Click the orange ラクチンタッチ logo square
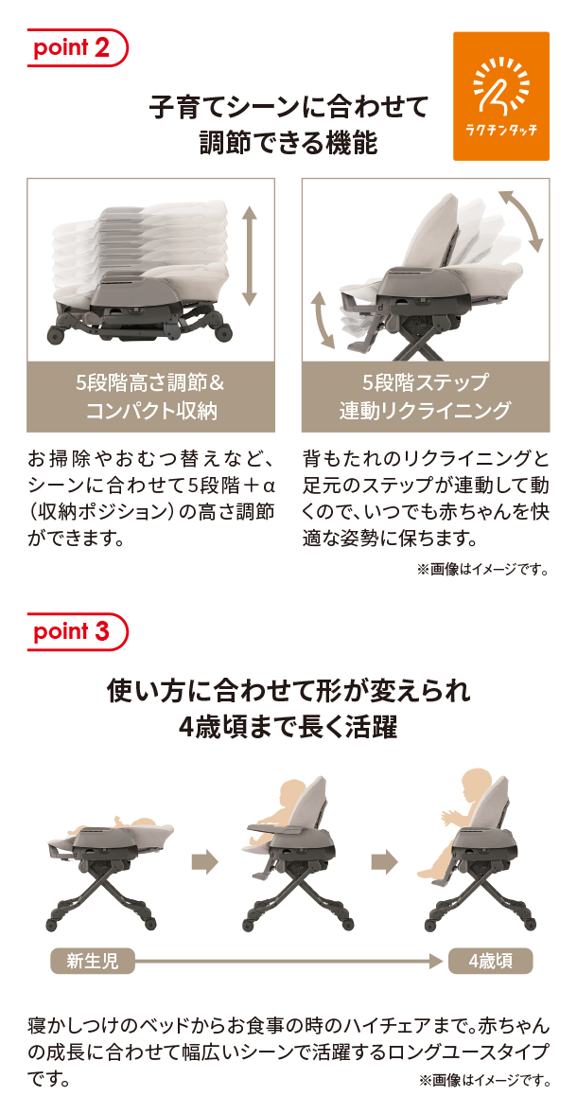501,96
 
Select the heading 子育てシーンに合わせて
288,108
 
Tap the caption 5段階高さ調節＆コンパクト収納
151,397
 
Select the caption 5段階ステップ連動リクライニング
425,397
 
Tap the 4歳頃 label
490,962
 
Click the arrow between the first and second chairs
205,862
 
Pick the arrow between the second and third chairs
385,862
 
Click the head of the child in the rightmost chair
476,784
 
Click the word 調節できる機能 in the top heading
288,144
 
